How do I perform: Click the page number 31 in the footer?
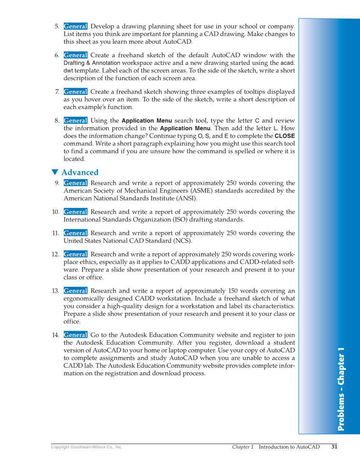(x=334, y=447)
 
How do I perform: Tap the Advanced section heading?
(x=80, y=172)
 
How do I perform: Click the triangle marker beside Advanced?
(x=54, y=172)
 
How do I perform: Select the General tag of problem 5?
(x=75, y=26)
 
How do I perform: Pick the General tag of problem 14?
(x=75, y=335)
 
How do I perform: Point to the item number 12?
(x=55, y=254)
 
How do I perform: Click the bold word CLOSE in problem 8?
(x=285, y=136)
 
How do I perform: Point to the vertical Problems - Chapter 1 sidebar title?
(x=341, y=389)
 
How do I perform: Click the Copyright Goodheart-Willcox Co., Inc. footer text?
(x=87, y=447)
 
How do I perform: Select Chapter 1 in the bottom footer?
(x=243, y=447)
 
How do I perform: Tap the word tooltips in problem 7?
(x=241, y=92)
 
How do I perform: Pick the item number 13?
(x=55, y=291)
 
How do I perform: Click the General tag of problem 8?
(x=75, y=121)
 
